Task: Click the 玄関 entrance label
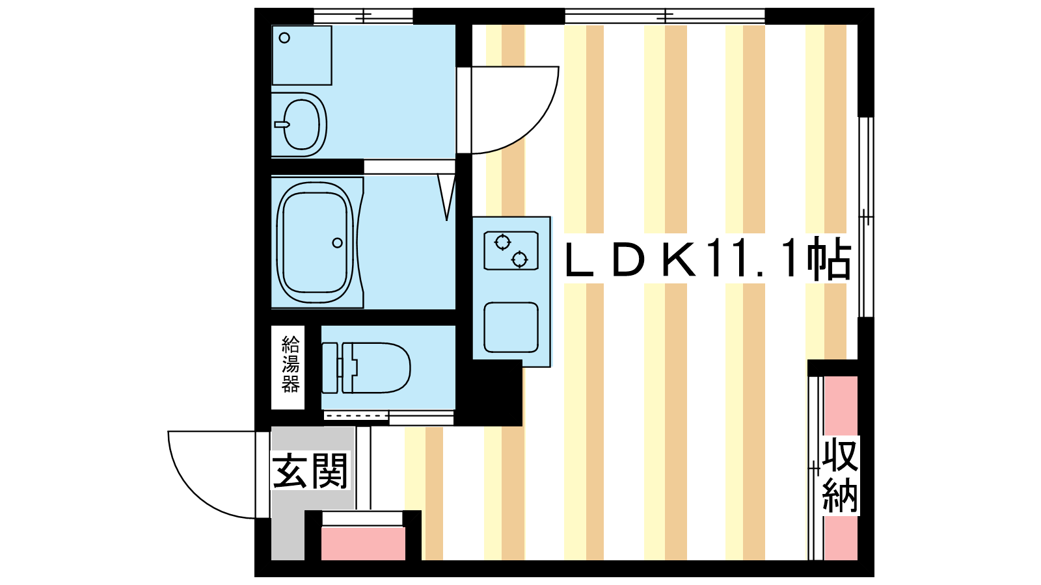[310, 471]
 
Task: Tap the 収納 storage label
[840, 475]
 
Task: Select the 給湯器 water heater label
[290, 365]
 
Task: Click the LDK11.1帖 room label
[708, 258]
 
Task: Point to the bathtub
[316, 243]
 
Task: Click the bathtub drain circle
[338, 243]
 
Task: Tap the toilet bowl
[377, 368]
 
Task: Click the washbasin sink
[301, 124]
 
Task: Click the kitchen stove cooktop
[511, 251]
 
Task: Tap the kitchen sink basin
[511, 328]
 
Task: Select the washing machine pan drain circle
[284, 38]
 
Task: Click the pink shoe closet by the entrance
[363, 543]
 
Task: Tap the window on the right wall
[866, 217]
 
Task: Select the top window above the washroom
[364, 16]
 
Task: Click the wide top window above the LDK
[665, 16]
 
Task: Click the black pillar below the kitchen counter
[489, 393]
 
